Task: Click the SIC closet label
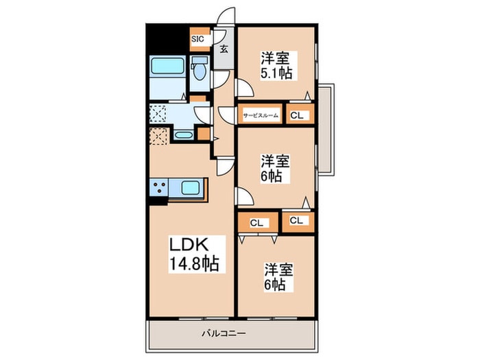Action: (x=197, y=39)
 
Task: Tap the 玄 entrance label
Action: (x=224, y=49)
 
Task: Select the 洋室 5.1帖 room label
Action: (x=276, y=66)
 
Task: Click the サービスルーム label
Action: (x=261, y=115)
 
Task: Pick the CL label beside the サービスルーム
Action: (x=296, y=115)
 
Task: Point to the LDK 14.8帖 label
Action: (x=194, y=254)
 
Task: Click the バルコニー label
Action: (x=224, y=333)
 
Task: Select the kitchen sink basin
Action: (x=191, y=187)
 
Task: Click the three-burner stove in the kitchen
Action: (x=159, y=187)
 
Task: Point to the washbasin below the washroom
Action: (x=183, y=135)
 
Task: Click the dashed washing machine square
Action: (x=158, y=114)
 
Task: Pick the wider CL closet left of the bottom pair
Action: (x=258, y=223)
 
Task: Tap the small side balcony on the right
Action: (x=326, y=129)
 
